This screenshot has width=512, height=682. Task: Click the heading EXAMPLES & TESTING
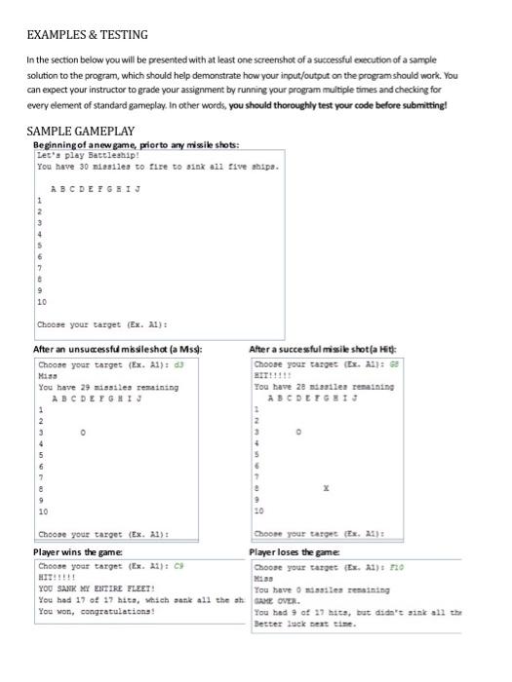(87, 35)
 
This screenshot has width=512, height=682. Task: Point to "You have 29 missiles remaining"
(108, 387)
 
